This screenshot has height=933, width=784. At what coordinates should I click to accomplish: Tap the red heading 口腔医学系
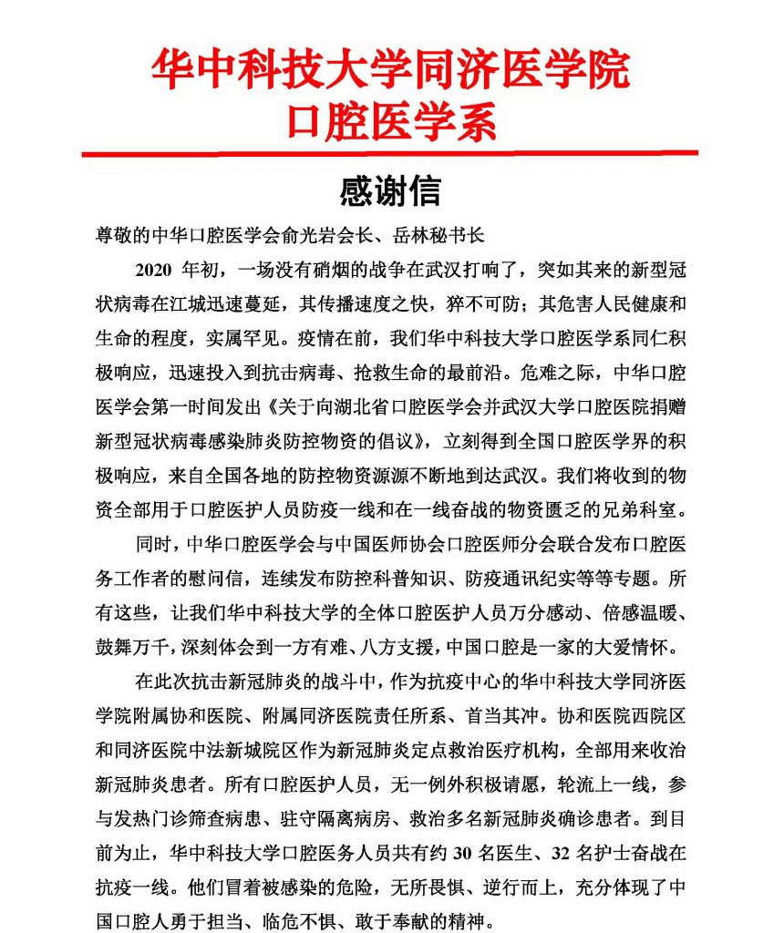390,120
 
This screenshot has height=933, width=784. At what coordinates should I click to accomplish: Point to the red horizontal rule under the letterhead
390,153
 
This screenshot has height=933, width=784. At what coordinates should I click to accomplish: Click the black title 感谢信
390,191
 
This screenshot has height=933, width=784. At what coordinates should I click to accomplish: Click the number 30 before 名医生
465,854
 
